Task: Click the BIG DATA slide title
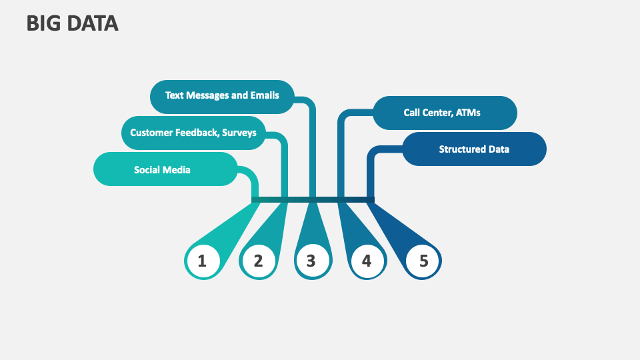(73, 23)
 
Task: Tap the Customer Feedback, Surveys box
(193, 133)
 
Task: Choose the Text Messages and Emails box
(222, 95)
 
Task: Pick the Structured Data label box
(474, 149)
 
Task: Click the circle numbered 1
(202, 261)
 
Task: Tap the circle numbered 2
(258, 261)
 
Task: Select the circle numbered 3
(311, 261)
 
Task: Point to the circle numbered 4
(367, 261)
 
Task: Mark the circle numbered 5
(423, 261)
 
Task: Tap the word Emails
(265, 95)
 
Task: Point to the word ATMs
(467, 113)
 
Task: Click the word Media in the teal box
(177, 169)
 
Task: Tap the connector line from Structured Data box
(371, 173)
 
